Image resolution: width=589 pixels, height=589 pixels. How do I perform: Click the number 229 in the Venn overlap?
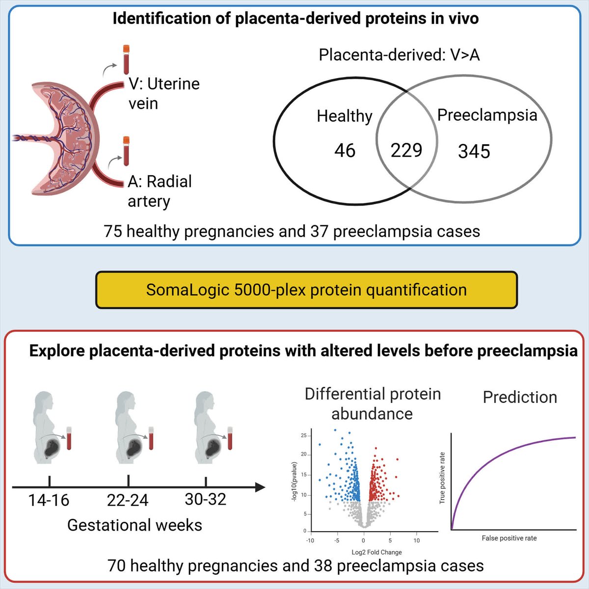coord(406,150)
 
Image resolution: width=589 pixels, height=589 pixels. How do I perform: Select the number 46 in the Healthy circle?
coord(345,150)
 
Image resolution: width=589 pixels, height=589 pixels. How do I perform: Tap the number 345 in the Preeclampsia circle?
coord(474,151)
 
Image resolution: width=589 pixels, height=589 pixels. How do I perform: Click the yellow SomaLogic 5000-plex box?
coord(306,290)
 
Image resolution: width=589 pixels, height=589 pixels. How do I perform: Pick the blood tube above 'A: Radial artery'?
coord(126,151)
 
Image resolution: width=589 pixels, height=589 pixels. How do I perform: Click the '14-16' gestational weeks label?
coord(49,500)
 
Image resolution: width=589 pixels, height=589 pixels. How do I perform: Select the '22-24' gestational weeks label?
coord(128,500)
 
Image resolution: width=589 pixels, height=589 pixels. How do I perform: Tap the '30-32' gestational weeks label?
coord(206,499)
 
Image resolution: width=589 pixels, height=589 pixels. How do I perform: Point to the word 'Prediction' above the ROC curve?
coord(520,397)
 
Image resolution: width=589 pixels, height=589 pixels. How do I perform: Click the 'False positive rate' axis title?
coord(509,538)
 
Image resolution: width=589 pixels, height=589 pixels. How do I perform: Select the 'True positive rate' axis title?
coord(442,478)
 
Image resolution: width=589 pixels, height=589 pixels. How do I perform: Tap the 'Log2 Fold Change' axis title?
coord(376,552)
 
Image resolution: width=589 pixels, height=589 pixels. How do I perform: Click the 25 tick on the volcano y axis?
coord(304,436)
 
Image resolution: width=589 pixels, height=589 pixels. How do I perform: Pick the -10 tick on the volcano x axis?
coord(310,540)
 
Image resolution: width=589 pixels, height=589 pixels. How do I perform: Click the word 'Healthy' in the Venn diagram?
coord(345,116)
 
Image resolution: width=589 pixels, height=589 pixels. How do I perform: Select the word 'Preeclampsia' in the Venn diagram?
coord(487,115)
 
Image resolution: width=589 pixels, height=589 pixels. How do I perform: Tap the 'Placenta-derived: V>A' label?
coord(399,54)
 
